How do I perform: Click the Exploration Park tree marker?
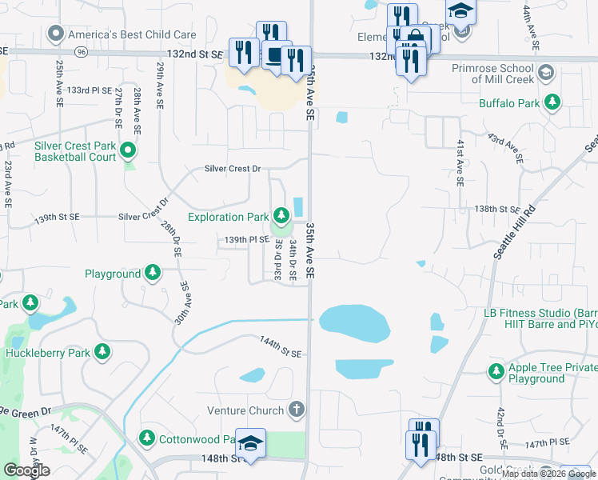pos(281,216)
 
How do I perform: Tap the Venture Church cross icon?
pos(297,410)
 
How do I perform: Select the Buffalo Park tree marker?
pos(552,103)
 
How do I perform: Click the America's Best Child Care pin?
pos(55,34)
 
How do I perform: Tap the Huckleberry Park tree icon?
pos(102,352)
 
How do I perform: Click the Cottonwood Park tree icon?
pos(147,438)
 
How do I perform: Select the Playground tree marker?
pos(153,274)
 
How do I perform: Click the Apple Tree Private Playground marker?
pos(496,371)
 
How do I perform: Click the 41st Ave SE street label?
pos(460,162)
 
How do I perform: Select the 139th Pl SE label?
pos(246,239)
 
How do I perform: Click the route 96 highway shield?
pos(82,52)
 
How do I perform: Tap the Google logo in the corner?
pos(26,470)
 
